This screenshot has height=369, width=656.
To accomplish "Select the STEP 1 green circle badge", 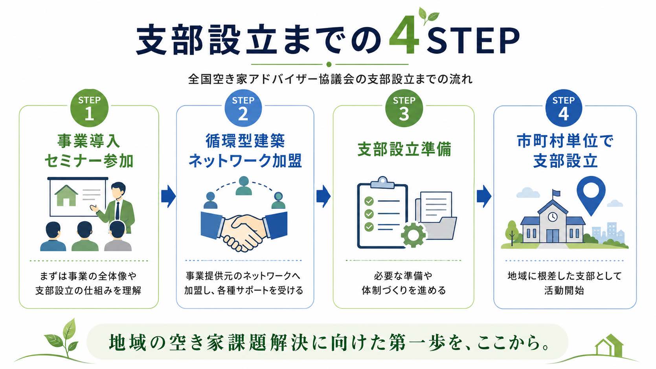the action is tap(89, 108).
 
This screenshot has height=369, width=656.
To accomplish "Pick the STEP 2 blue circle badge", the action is tap(243, 108).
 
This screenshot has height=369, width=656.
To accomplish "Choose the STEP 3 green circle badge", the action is tap(404, 108).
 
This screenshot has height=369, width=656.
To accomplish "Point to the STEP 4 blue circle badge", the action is tap(564, 108).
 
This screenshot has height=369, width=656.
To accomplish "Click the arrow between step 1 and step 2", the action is tap(168, 196).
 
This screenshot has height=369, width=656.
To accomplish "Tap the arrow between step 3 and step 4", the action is tap(484, 196).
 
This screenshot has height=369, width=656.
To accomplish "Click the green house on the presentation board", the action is tap(66, 195).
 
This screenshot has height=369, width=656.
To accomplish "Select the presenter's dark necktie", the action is tap(118, 210).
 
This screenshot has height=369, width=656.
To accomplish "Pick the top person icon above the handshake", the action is tap(244, 186).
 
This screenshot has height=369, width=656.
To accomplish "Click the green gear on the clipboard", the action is tap(413, 235).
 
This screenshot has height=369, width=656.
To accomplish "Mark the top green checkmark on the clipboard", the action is tap(369, 201).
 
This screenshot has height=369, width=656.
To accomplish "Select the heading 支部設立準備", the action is tap(404, 150).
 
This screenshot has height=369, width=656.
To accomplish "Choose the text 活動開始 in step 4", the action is tap(564, 290).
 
